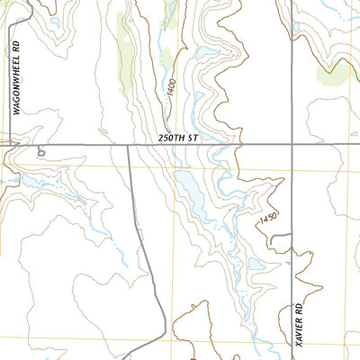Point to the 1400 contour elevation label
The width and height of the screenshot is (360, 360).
[x=172, y=90]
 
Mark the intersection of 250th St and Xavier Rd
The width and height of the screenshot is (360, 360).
[x=293, y=144]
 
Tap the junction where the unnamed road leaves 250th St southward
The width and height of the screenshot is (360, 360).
[x=128, y=145]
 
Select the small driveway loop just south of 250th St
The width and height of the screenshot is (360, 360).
[x=40, y=153]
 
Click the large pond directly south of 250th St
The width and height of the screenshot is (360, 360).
[x=192, y=189]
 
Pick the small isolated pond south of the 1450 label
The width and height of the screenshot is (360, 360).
[x=255, y=266]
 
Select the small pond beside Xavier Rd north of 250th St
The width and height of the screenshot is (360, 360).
[x=296, y=27]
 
